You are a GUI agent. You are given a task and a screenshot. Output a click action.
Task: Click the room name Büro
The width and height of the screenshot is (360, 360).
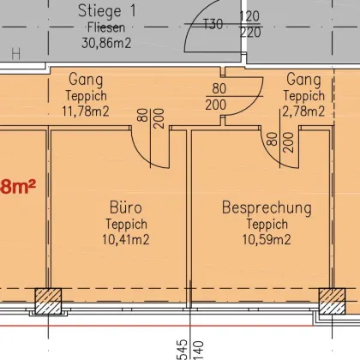(x=125, y=208)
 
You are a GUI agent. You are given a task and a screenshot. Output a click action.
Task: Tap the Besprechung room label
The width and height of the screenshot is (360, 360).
(x=267, y=208)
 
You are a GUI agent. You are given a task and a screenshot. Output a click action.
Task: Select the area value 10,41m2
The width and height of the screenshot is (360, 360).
(x=125, y=239)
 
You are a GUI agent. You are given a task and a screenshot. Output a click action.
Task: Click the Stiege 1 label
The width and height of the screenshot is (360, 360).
(x=106, y=11)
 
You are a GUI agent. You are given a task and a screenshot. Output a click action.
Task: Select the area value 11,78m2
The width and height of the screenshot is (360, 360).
(x=86, y=109)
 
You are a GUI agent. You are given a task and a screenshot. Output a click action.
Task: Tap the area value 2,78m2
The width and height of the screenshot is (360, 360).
(x=304, y=109)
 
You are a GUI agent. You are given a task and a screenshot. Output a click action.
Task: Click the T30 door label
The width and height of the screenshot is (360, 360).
(x=213, y=24)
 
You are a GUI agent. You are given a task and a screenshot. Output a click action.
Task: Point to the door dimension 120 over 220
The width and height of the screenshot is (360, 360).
(x=249, y=24)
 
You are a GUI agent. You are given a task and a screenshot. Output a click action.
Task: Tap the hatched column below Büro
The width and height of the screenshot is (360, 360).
(x=45, y=301)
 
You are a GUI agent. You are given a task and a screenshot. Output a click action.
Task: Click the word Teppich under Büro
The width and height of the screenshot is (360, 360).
(x=125, y=225)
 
